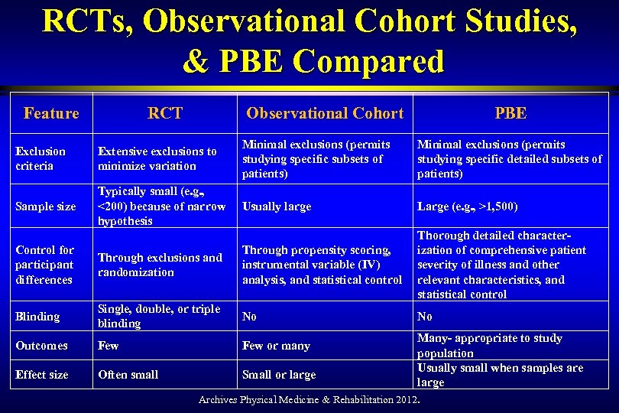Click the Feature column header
coord(51,114)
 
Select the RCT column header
coord(165,114)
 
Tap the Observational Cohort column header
coord(324,114)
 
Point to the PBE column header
coord(510,114)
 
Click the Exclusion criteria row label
coord(41,158)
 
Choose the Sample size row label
coord(45,206)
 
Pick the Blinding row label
coord(37,317)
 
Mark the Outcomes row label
coord(41,346)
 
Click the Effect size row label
coord(42,375)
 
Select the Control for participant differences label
coord(44,265)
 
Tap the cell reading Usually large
coord(277,206)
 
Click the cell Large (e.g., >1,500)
coord(468,206)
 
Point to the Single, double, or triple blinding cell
coord(159,317)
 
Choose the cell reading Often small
coord(128,375)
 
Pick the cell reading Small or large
coord(278,375)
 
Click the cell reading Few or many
coord(276,346)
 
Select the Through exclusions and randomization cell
coord(160,265)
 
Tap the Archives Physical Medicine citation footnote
coord(309,400)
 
